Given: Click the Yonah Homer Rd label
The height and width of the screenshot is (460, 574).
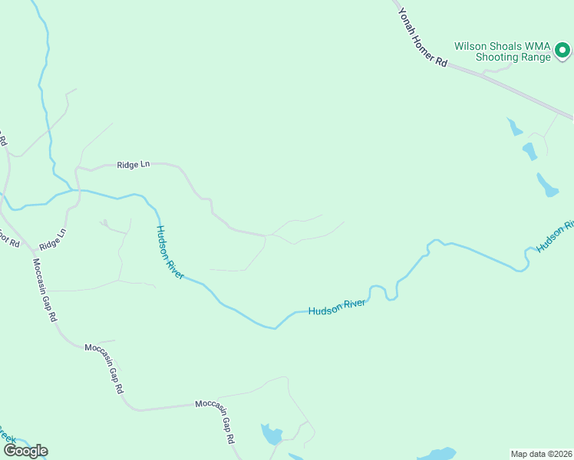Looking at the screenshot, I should pos(422,38).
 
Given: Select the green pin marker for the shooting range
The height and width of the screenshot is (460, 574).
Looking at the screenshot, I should pos(562,51).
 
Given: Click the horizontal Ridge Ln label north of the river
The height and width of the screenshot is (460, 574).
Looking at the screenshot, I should pos(134,165).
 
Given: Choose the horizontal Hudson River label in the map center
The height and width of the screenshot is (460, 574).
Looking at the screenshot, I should pos(338,307).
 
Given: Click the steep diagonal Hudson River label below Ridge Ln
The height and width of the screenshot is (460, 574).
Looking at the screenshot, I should pos(170,251).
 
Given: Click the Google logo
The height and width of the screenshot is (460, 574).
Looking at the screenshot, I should pos(25,451).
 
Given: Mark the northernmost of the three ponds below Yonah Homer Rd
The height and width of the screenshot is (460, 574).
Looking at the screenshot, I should pos(512,127).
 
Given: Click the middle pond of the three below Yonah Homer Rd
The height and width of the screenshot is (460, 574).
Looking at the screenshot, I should pos(529,150).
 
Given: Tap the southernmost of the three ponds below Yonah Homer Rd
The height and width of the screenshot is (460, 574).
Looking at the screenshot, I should pos(547,186).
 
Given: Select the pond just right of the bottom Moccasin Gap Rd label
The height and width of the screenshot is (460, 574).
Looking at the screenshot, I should pos(271,435).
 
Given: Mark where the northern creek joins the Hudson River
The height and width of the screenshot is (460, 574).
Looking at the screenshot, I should pos(74,189).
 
